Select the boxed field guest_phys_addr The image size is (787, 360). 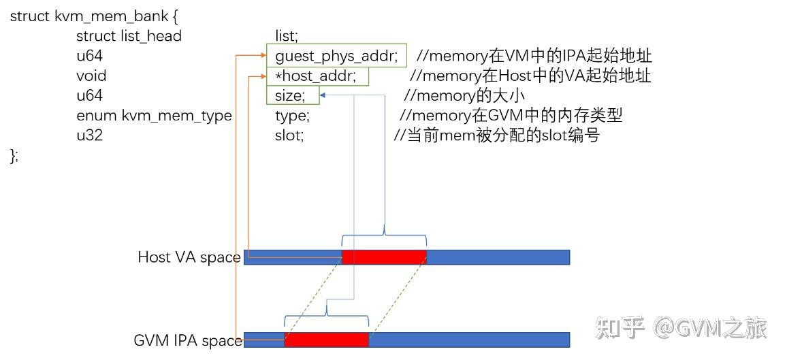click(336, 56)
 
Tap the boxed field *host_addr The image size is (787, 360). click(317, 76)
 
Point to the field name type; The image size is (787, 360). click(292, 116)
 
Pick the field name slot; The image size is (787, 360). click(289, 135)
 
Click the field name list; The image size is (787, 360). click(287, 35)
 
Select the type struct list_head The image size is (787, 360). click(129, 35)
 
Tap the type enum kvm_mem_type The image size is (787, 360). click(154, 116)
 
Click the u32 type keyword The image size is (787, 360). click(89, 135)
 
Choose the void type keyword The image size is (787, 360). click(91, 76)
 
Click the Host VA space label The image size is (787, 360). click(189, 257)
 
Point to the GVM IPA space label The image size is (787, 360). click(188, 340)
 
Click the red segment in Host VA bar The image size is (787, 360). click(384, 257)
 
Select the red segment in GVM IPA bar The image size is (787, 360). click(326, 340)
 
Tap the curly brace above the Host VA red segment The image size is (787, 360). click(384, 236)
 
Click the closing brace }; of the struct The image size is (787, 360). click(14, 156)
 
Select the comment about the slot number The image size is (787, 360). click(497, 135)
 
